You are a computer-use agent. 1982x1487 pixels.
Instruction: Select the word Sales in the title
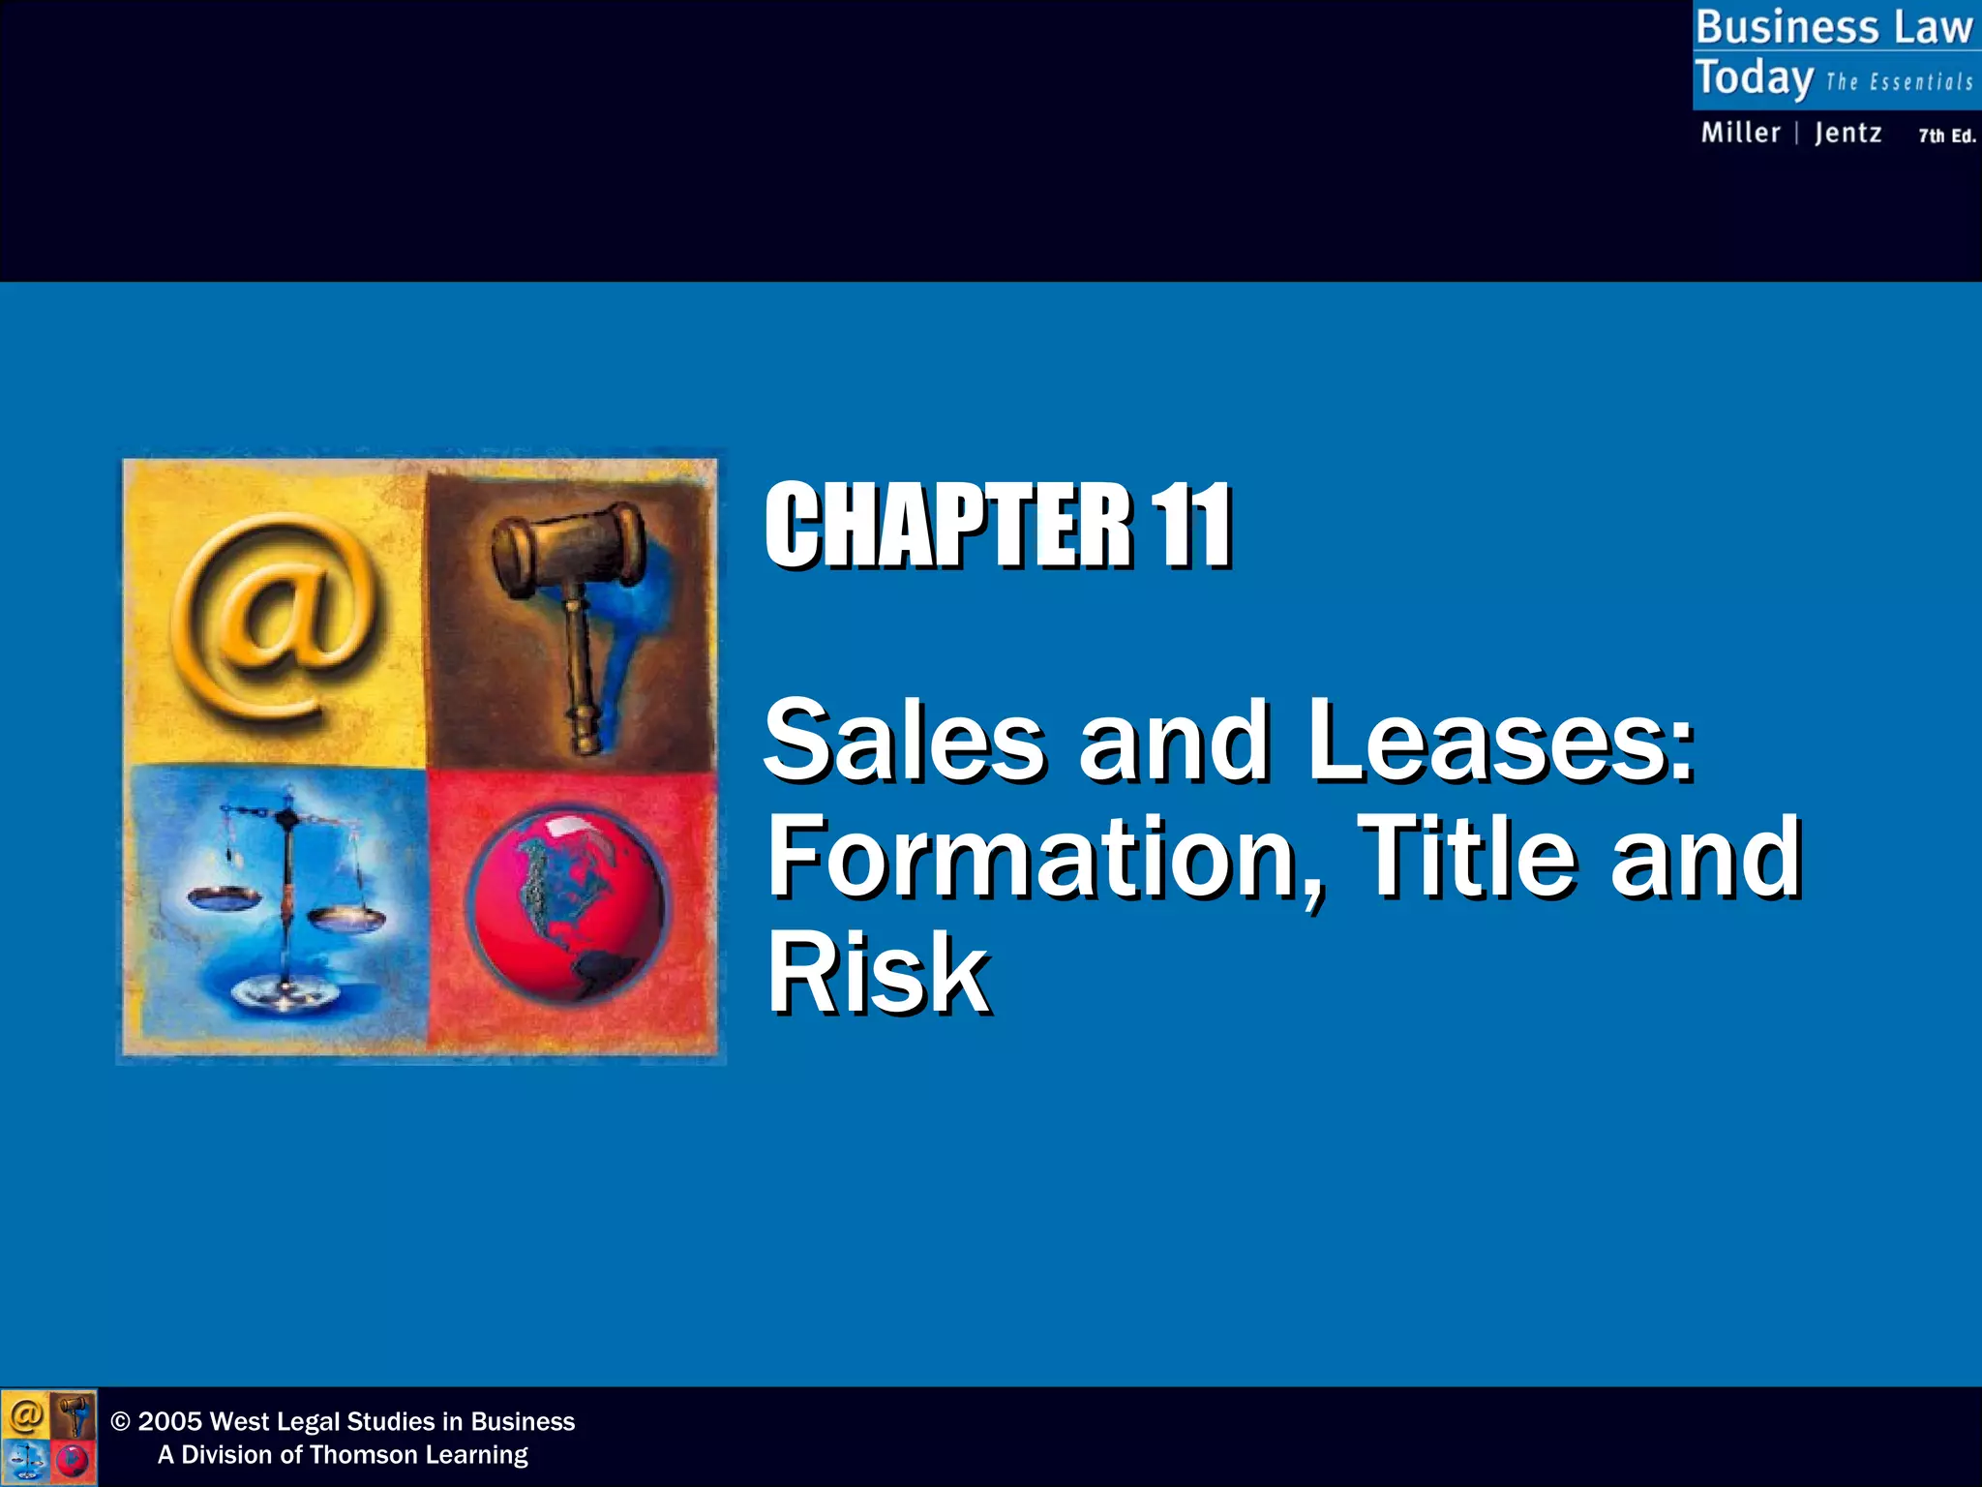[x=904, y=742]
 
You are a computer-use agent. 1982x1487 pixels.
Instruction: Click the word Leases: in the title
[x=1500, y=742]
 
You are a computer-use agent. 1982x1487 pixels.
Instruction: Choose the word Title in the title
[x=1467, y=856]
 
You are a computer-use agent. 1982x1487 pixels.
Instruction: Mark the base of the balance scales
[x=285, y=992]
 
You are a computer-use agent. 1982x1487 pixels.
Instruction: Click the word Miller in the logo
[x=1740, y=133]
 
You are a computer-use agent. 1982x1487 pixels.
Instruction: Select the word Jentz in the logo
[x=1847, y=133]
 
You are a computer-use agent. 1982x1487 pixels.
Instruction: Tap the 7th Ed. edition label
[x=1946, y=137]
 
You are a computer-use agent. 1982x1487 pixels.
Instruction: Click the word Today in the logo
[x=1754, y=78]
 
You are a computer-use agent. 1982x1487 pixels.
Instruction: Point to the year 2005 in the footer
[x=169, y=1421]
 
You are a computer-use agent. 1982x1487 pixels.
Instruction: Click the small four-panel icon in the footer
[x=48, y=1437]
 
